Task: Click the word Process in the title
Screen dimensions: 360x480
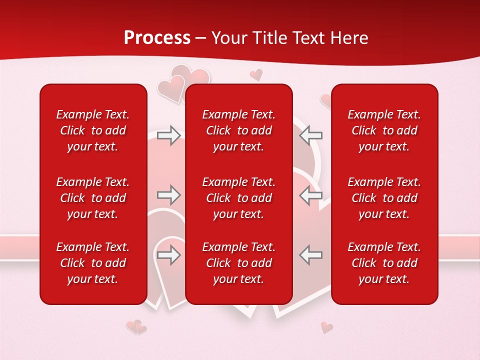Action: (157, 38)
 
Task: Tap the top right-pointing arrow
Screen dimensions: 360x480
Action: (169, 135)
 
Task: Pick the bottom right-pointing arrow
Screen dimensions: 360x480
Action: (169, 254)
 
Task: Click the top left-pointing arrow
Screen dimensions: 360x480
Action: (311, 135)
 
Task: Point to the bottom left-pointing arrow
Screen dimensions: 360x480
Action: (311, 254)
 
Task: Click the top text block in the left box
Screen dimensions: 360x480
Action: (93, 130)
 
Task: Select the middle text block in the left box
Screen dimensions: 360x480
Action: (93, 198)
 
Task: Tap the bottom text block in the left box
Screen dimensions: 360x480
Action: (93, 263)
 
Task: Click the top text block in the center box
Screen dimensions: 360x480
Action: (239, 130)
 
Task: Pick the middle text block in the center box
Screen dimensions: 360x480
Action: (239, 198)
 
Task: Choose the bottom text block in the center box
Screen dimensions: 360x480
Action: (239, 263)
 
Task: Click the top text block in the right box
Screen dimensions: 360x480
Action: (384, 130)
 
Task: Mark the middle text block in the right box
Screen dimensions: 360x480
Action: (384, 198)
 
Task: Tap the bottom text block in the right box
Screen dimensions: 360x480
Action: (384, 263)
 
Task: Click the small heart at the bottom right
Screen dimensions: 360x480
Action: (327, 327)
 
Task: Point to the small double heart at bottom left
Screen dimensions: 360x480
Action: (136, 327)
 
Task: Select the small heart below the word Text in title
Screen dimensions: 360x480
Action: (256, 75)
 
